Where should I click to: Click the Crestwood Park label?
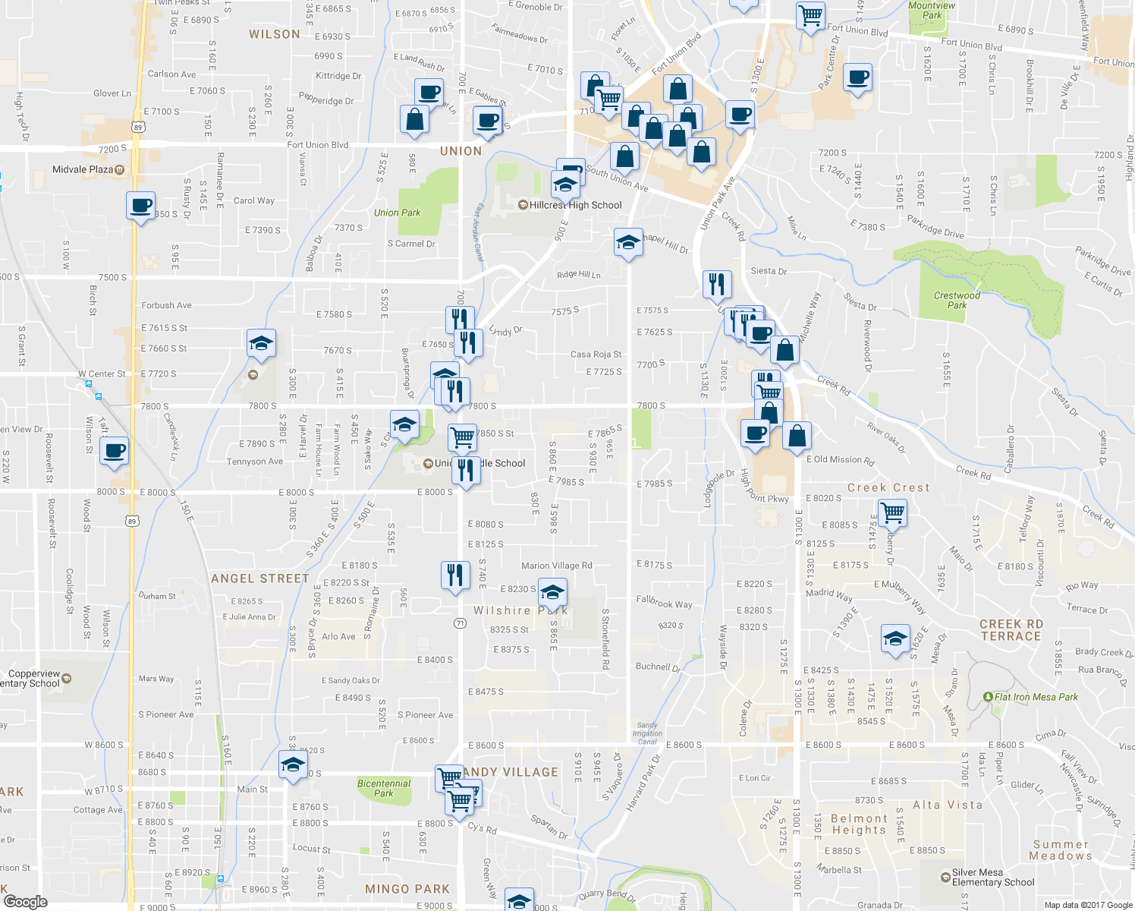[x=957, y=300]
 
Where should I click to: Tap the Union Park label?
[x=397, y=213]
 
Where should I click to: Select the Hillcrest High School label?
[x=575, y=205]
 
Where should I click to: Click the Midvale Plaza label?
[x=83, y=169]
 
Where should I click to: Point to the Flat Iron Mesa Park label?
[x=1036, y=697]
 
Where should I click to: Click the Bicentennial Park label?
[x=384, y=788]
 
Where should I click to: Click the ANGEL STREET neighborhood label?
[x=260, y=578]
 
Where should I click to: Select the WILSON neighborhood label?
[x=275, y=34]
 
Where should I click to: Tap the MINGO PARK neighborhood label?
[x=407, y=889]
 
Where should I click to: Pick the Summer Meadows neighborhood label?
[x=1061, y=850]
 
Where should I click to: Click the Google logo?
[x=25, y=901]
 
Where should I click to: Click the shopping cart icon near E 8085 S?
[x=893, y=512]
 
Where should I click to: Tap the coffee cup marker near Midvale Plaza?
[x=140, y=206]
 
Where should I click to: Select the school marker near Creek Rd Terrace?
[x=895, y=638]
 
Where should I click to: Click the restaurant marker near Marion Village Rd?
[x=455, y=574]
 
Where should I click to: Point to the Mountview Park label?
[x=932, y=11]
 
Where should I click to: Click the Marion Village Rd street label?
[x=557, y=566]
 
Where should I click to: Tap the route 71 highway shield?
[x=460, y=623]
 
